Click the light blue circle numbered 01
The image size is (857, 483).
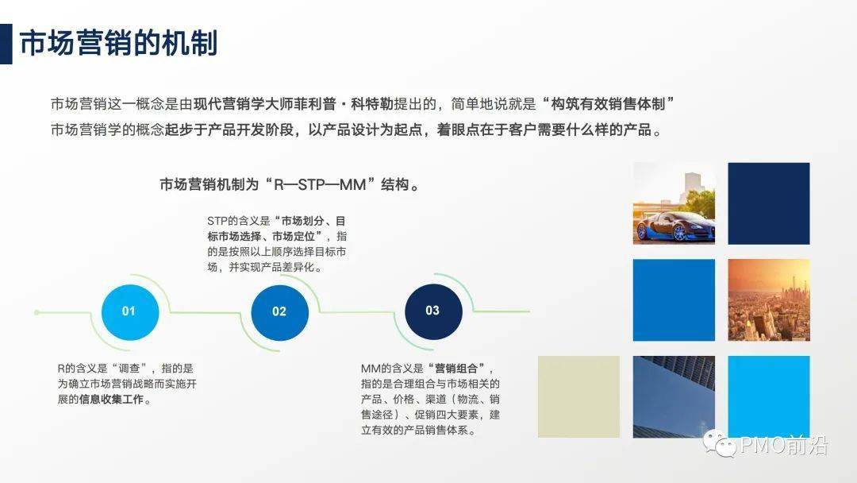point(130,311)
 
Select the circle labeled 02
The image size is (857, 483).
point(280,312)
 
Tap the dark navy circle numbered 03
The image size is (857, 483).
point(433,311)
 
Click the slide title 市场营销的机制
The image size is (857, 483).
point(118,44)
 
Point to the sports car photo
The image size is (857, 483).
point(674,203)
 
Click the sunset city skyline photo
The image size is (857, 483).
point(769,299)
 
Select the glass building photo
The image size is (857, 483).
point(674,396)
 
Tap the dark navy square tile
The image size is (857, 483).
point(769,203)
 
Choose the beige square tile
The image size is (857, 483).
point(578,396)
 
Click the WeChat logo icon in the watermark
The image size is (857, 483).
point(719,443)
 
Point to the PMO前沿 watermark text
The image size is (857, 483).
point(784,445)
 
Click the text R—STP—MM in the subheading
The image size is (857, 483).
point(320,185)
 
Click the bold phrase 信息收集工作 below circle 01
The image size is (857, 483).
point(112,400)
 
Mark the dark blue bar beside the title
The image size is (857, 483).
point(6,44)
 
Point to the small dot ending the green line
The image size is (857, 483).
point(37,312)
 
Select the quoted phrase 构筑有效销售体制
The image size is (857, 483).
point(608,103)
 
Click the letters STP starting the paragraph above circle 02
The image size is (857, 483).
point(217,221)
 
